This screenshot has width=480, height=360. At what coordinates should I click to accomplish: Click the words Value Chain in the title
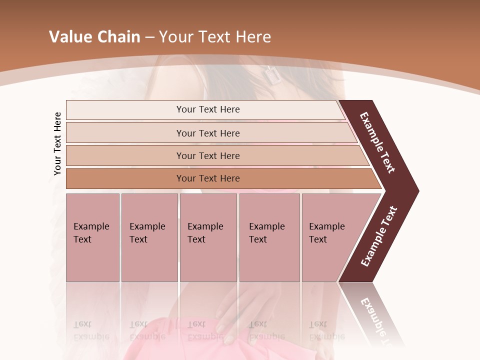94,37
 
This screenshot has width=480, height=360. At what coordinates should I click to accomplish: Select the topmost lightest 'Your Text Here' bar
207,109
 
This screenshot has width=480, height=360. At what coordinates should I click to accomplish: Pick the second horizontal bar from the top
207,133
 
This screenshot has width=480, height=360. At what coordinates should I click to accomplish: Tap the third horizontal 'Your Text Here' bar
207,155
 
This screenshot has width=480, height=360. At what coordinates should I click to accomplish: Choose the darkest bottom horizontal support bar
207,178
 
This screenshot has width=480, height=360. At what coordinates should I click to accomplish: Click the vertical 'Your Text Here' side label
58,143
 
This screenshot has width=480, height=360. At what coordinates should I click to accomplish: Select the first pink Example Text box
92,237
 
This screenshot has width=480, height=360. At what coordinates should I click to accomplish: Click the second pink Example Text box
149,237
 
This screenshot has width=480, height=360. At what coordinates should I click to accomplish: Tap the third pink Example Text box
207,237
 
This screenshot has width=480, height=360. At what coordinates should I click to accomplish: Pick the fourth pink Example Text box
269,237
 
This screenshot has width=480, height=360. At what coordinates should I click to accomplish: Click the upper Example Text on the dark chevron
377,142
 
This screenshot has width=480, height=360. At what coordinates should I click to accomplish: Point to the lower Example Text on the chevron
379,236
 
